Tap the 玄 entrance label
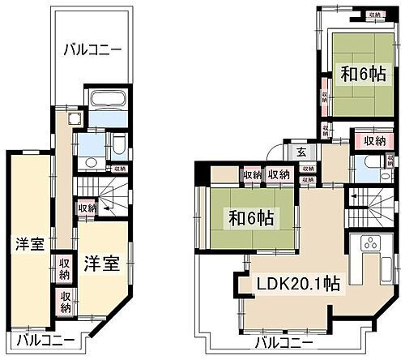(301, 152)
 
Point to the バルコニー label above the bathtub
(93, 50)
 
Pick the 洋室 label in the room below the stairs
(102, 264)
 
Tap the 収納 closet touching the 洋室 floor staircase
(87, 208)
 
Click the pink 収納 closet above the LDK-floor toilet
(373, 141)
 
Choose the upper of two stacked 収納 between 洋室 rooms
(65, 265)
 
